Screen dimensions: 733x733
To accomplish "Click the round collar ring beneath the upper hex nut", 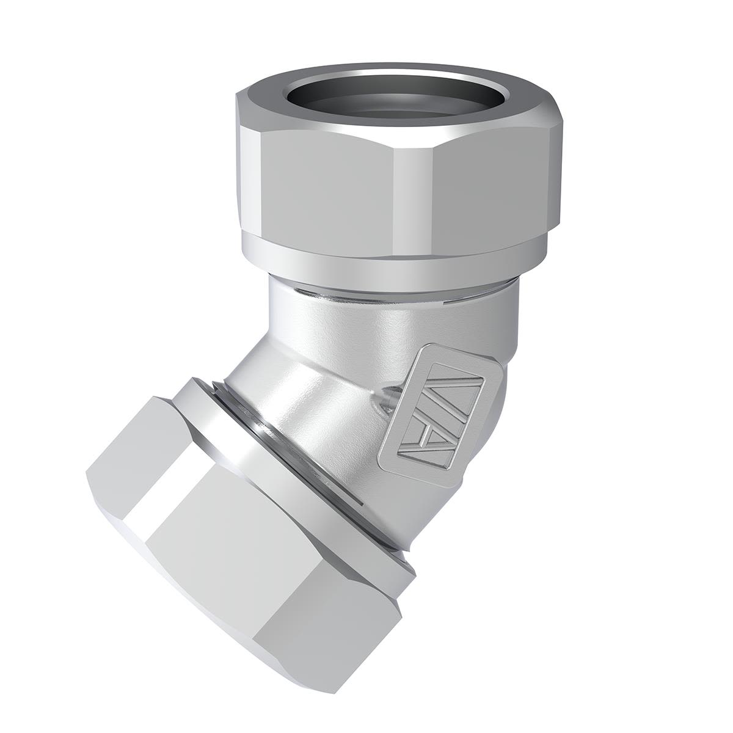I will pyautogui.click(x=391, y=257).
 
